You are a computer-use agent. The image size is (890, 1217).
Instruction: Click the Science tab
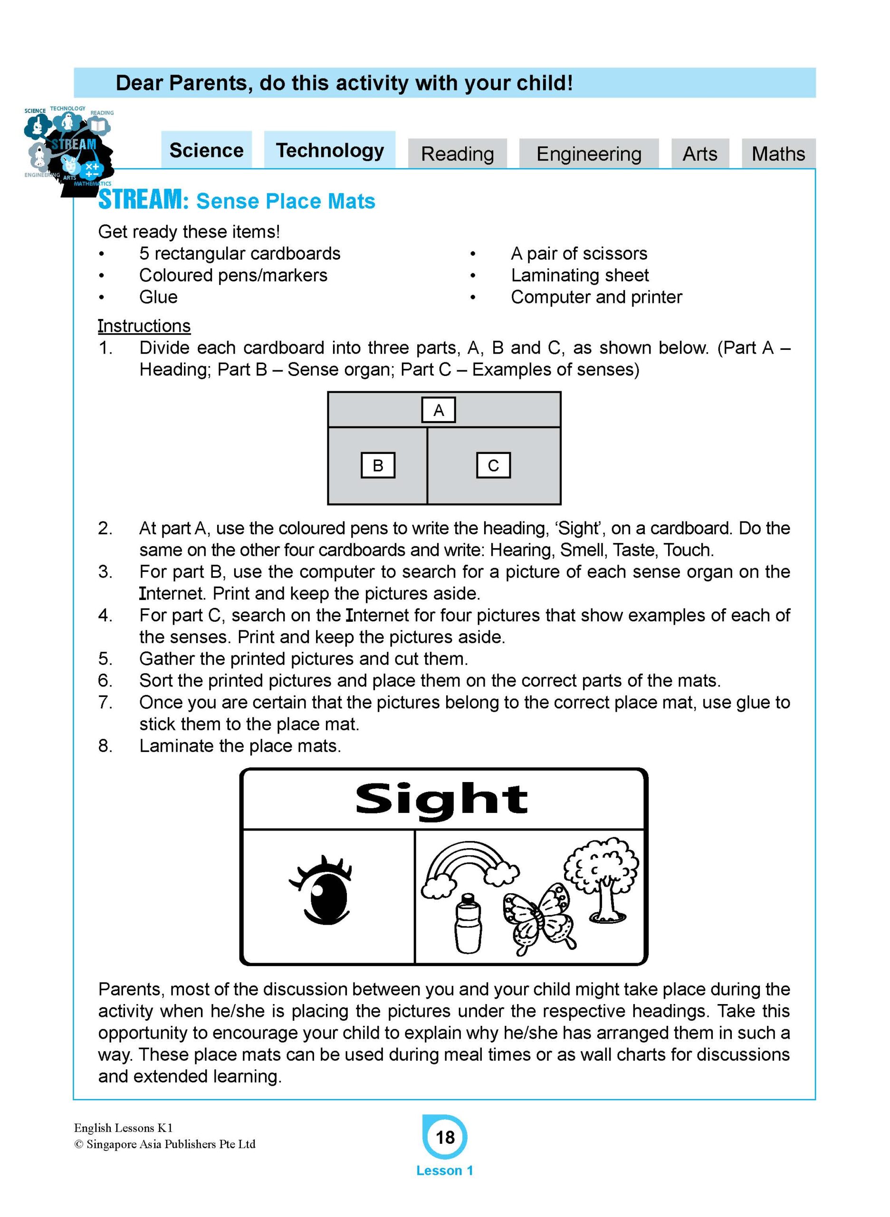point(206,150)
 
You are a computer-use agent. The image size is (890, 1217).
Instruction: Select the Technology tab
point(330,150)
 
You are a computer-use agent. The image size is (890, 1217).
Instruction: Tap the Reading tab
point(458,154)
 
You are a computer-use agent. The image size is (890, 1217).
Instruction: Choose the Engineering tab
point(589,154)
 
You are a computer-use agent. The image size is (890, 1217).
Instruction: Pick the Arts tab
point(700,154)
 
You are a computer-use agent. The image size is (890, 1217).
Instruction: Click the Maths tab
point(778,154)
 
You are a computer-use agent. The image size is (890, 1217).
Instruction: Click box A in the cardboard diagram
point(439,410)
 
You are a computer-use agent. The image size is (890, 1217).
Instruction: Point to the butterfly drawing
point(539,918)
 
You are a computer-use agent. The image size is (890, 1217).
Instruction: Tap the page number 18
point(445,1137)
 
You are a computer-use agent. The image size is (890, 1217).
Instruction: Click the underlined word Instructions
point(144,326)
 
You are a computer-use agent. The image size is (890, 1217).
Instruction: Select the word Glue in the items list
point(158,297)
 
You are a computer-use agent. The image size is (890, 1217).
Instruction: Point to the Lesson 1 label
point(444,1170)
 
